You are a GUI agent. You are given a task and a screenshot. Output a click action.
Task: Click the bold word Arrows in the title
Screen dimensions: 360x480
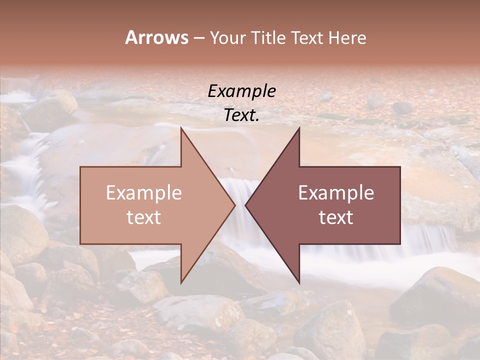156,37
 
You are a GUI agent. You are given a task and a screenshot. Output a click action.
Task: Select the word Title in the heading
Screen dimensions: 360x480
268,38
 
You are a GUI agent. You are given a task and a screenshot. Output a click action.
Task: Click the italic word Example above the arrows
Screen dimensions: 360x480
241,91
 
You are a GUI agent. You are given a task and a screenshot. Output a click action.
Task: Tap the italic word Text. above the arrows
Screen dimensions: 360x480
241,115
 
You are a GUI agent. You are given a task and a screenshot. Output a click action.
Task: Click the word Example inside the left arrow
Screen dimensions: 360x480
144,193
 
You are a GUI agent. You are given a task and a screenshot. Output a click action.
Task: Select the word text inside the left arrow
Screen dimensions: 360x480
144,217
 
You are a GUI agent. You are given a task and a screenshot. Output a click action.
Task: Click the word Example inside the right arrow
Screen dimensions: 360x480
336,193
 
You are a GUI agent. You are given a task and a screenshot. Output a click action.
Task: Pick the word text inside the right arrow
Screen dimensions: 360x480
336,217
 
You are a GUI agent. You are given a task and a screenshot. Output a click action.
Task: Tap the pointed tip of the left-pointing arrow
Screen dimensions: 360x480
246,205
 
